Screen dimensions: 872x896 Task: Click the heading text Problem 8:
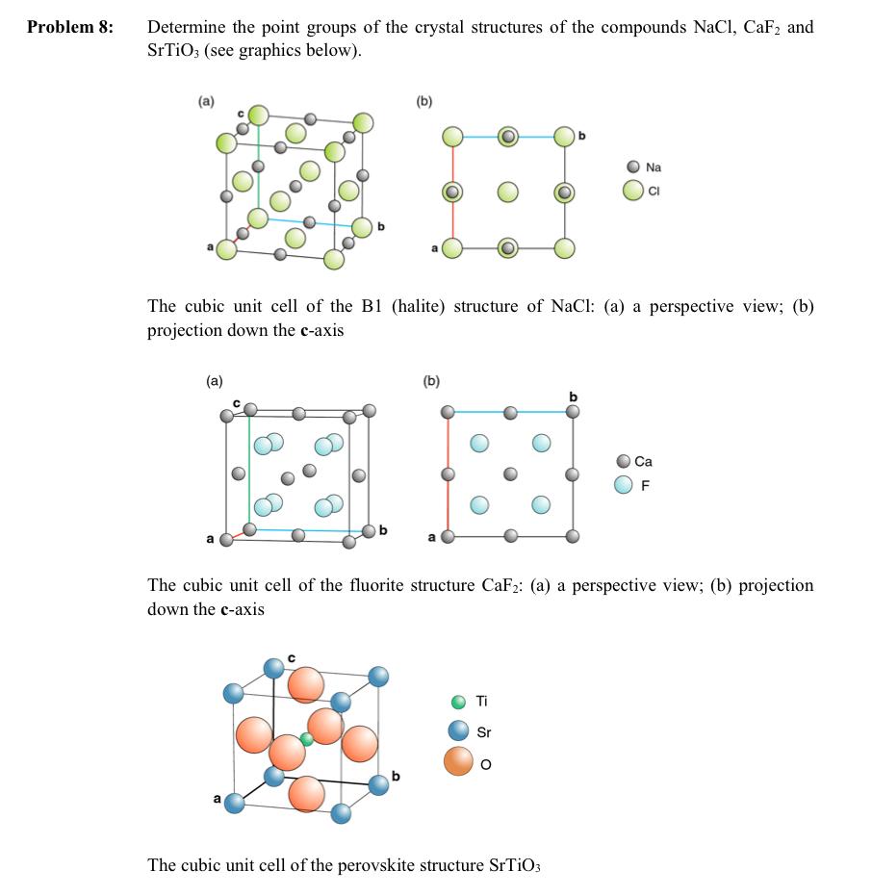click(x=70, y=27)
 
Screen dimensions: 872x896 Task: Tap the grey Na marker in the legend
click(x=632, y=166)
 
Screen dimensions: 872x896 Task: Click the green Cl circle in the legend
click(x=632, y=190)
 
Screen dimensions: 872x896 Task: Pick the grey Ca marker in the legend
click(x=624, y=462)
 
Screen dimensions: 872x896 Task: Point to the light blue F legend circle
click(x=624, y=484)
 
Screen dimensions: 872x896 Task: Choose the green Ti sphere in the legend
click(x=459, y=702)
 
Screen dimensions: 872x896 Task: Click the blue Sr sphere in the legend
click(x=459, y=731)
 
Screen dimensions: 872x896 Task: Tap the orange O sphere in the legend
click(x=458, y=762)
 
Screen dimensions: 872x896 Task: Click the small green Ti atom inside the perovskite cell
click(x=306, y=739)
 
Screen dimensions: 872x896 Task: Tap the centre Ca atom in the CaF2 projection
click(x=509, y=474)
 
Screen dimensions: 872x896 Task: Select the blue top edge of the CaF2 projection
click(x=509, y=412)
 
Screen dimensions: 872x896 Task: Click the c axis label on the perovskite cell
click(x=291, y=658)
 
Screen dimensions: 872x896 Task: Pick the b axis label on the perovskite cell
click(x=395, y=775)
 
